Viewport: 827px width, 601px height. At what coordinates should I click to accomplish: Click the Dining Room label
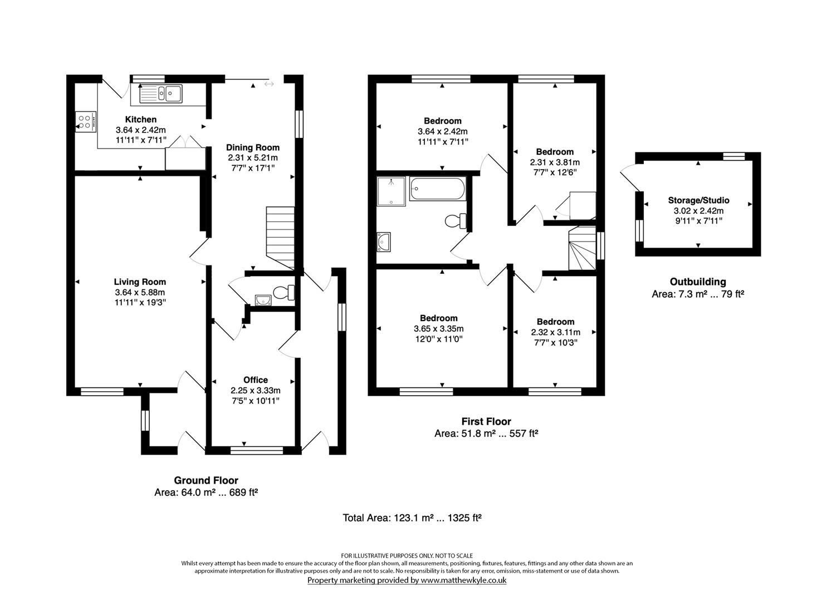(x=252, y=147)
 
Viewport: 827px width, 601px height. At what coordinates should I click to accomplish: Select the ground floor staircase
(x=280, y=237)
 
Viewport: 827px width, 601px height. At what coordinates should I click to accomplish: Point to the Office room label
(x=256, y=380)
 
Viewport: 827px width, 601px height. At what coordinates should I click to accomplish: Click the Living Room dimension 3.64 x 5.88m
(x=140, y=292)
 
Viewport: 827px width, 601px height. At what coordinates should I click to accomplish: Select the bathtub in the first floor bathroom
(x=437, y=189)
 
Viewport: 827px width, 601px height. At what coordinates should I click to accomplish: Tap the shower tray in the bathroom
(x=391, y=191)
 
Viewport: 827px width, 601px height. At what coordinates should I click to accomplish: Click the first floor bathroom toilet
(x=456, y=221)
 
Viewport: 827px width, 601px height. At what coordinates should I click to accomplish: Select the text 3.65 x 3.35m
(x=439, y=328)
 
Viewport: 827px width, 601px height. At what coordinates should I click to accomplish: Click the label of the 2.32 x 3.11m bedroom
(x=555, y=322)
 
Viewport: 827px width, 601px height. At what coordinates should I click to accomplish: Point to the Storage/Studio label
(x=698, y=200)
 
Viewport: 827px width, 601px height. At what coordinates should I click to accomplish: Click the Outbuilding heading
(x=697, y=282)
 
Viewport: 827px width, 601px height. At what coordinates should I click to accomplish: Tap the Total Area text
(x=412, y=518)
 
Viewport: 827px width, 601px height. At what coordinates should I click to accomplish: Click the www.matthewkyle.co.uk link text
(x=463, y=580)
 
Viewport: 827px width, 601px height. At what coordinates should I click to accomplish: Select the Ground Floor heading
(x=206, y=480)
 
